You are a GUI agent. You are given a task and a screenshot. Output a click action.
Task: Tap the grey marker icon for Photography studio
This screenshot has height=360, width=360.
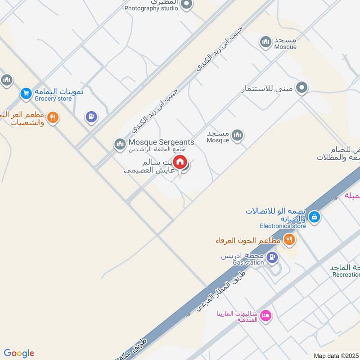[187, 4]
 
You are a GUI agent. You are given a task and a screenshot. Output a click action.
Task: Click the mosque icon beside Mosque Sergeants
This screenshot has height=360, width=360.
[120, 144]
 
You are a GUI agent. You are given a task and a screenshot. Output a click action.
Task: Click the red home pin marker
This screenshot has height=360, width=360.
[180, 162]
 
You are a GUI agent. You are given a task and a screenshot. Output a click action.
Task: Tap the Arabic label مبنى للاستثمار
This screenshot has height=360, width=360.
[269, 88]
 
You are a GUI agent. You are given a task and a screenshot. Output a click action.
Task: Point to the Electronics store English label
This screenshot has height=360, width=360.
[283, 226]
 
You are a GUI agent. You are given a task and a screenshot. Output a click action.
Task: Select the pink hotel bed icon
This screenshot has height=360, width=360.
[265, 315]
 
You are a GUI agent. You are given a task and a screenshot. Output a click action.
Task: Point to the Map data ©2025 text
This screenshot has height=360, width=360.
[336, 355]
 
